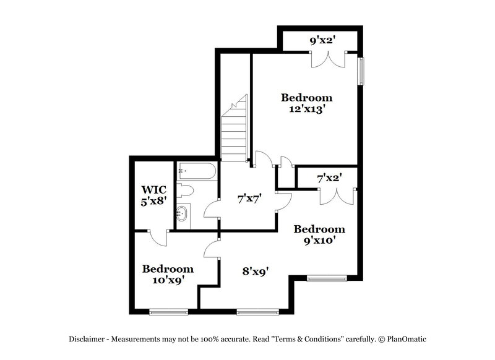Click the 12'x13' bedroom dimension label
point(307,109)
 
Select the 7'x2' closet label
point(329,178)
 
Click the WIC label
point(153,189)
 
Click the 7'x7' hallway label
point(249,199)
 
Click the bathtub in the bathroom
point(196,172)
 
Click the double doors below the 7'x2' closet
point(336,196)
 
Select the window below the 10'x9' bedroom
point(168,311)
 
